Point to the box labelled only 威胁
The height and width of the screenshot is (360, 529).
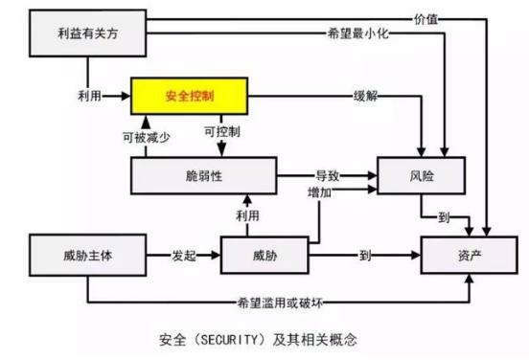265,256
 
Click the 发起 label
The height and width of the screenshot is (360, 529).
185,256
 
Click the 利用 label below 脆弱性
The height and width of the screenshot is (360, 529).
247,215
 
